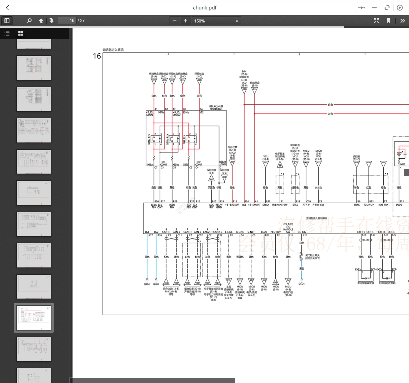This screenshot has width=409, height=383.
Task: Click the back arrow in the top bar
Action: (x=8, y=8)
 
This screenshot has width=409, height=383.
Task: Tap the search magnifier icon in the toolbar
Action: (x=29, y=21)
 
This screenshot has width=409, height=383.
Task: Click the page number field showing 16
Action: (x=67, y=21)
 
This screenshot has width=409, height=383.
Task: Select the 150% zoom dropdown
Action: (x=216, y=21)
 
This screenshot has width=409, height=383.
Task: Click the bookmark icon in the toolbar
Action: (x=388, y=21)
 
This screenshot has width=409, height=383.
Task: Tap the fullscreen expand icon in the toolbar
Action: (x=376, y=21)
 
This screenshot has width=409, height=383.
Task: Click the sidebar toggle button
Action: (x=7, y=21)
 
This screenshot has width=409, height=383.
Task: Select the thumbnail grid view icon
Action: (x=21, y=33)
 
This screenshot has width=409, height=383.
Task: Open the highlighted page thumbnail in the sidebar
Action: (x=34, y=318)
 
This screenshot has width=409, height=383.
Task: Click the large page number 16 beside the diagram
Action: (x=97, y=56)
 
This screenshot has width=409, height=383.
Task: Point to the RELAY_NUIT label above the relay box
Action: (x=216, y=106)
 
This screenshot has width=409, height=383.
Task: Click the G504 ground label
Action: (x=301, y=284)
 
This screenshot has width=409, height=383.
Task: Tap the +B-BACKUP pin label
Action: (x=232, y=205)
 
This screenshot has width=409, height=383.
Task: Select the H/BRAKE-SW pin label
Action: (x=280, y=205)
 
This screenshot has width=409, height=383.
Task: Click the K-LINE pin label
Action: (x=240, y=232)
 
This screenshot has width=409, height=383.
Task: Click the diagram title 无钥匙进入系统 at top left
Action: (x=113, y=50)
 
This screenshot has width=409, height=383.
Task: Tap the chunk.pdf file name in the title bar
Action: (x=205, y=8)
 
